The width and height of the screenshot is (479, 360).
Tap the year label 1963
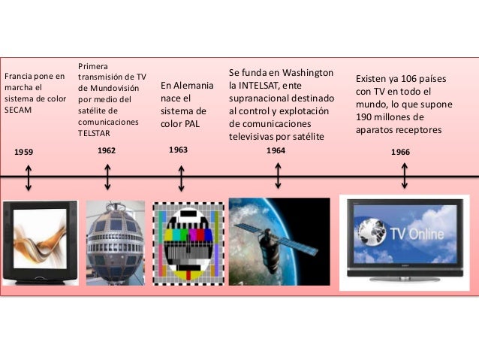pos(178,150)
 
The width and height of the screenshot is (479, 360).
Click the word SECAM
pos(18,110)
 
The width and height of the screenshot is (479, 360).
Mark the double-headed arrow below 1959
pos(29,178)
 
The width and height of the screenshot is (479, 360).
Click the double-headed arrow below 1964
pos(278,175)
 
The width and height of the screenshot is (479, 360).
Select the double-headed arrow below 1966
pos(405,175)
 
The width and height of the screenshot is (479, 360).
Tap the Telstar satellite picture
pos(115,243)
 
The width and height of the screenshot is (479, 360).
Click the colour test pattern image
pos(188,242)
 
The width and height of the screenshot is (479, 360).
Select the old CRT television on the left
pos(39,242)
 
